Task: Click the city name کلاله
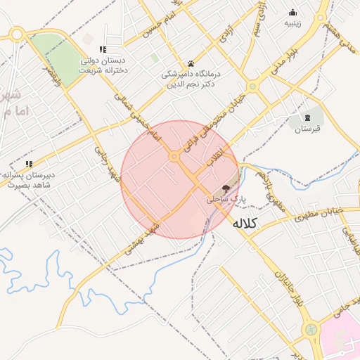[x=245, y=224]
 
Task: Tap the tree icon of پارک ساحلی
[x=226, y=188]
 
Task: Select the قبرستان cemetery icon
[x=307, y=116]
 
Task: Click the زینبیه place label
[x=292, y=22]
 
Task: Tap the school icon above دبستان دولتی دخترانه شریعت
[x=103, y=50]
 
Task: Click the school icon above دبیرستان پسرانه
[x=29, y=164]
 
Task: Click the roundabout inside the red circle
[x=174, y=157]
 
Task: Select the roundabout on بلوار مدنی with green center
[x=252, y=87]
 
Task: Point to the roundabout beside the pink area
[x=309, y=328]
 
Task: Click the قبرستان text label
[x=307, y=129]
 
